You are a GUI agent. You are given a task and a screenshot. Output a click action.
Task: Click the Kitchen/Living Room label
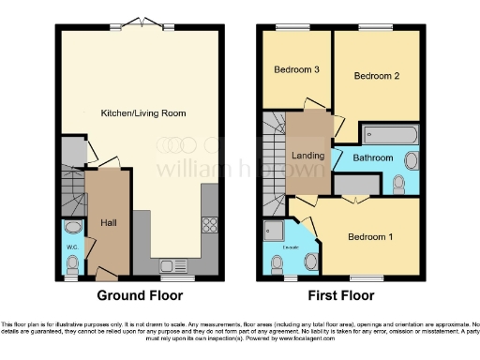click(143, 112)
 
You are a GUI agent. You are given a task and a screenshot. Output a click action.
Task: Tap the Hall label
click(109, 222)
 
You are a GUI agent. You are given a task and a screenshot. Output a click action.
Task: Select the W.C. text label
click(72, 247)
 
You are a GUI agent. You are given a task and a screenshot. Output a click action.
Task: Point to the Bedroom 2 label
click(377, 76)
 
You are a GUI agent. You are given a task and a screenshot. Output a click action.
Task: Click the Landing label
click(308, 156)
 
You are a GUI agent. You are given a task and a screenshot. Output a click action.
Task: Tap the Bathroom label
click(372, 157)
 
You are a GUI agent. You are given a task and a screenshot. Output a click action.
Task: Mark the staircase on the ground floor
click(72, 192)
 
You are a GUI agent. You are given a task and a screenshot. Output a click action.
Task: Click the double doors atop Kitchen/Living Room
click(141, 22)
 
